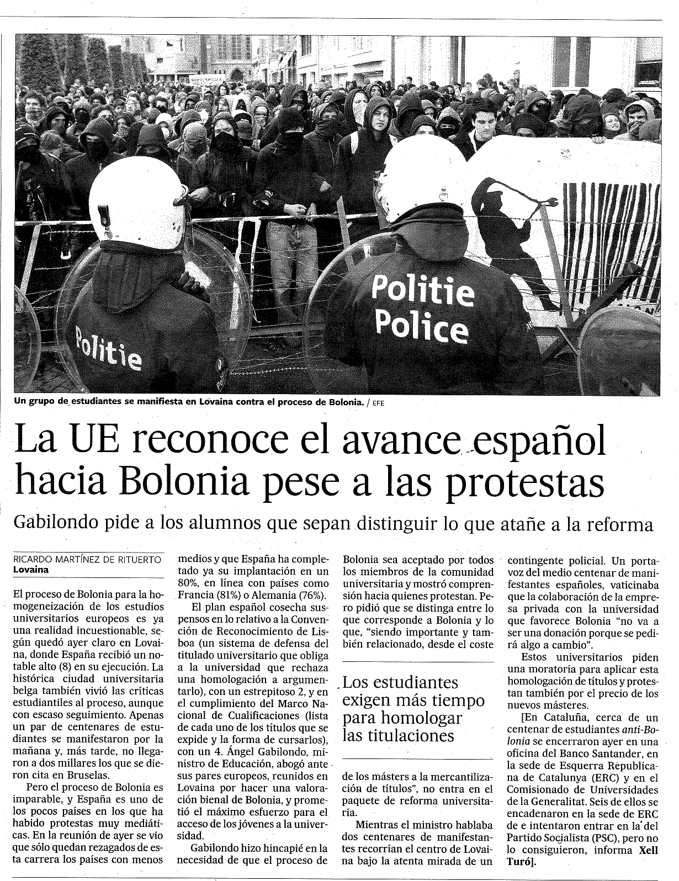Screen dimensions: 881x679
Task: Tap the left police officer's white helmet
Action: click(138, 204)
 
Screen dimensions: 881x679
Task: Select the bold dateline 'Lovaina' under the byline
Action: click(31, 570)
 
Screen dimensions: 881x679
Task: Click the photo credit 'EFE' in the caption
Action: click(378, 403)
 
